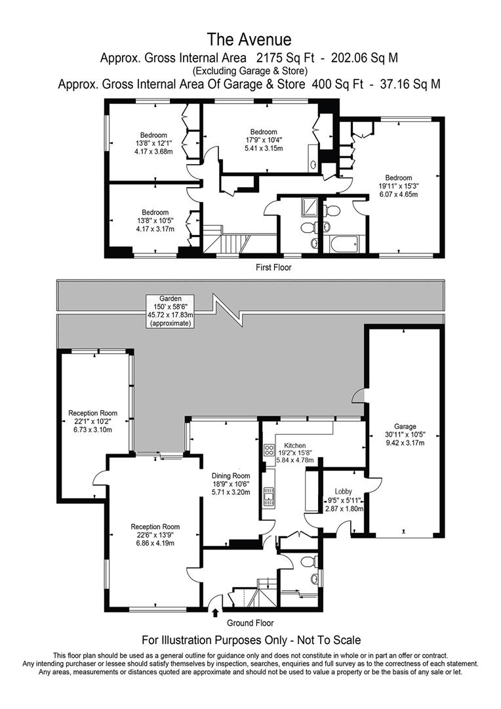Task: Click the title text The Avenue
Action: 249,39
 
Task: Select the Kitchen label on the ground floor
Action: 294,445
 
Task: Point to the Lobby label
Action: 344,492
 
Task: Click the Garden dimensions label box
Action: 170,311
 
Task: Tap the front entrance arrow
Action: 215,612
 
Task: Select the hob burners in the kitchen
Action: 270,450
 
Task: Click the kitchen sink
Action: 270,496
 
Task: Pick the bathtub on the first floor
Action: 344,244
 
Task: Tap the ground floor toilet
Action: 309,562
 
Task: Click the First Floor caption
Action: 273,267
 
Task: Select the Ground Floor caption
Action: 250,623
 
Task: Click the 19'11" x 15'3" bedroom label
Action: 399,186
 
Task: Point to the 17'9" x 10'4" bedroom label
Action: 264,140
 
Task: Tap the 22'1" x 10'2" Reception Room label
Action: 92,421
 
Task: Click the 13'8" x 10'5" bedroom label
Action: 155,221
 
